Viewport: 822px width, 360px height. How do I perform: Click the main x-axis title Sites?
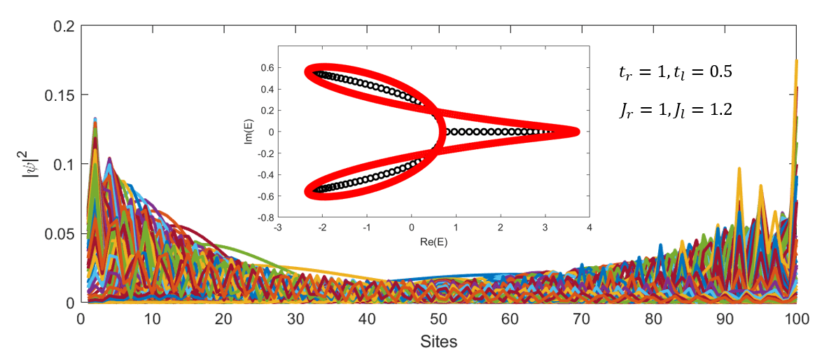(439, 342)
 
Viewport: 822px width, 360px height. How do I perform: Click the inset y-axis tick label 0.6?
(268, 67)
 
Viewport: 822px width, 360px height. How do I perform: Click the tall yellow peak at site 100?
(797, 61)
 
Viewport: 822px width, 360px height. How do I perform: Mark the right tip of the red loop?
(578, 132)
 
